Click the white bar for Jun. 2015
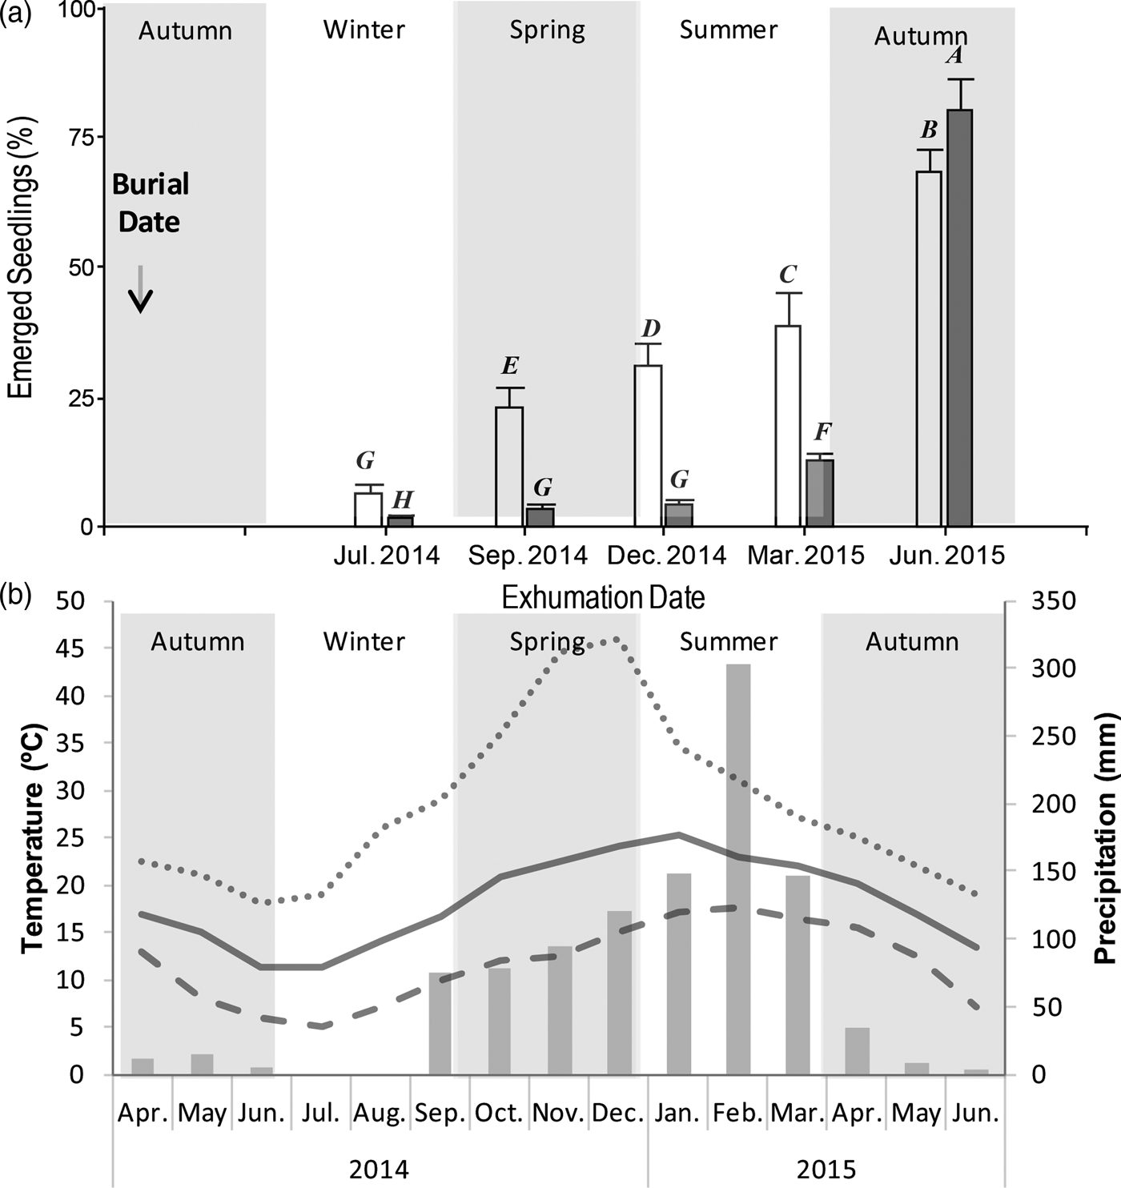[x=929, y=349]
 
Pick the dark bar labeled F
[x=820, y=492]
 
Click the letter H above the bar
[x=402, y=500]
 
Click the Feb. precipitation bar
[x=738, y=869]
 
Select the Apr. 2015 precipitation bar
[x=857, y=1051]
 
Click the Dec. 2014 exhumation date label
[x=666, y=555]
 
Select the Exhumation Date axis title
[x=603, y=598]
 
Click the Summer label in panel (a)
[x=728, y=30]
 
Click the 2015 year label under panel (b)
[x=826, y=1170]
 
